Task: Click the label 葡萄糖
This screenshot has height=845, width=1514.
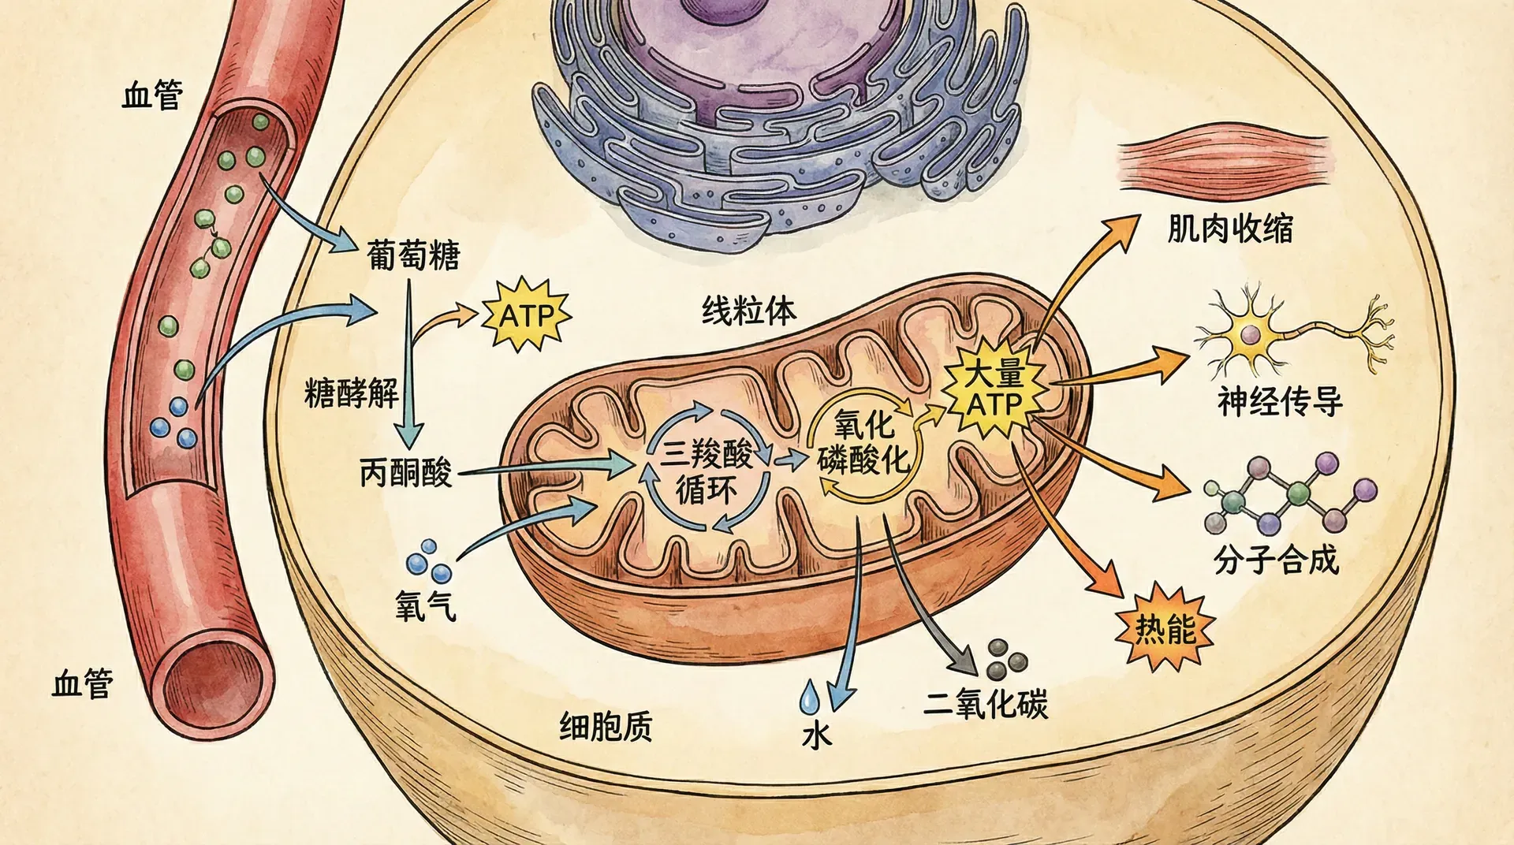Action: point(413,255)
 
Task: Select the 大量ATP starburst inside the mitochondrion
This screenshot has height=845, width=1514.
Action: point(996,388)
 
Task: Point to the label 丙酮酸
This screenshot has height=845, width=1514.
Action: point(406,472)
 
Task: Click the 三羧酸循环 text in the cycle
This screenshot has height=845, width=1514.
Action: point(707,471)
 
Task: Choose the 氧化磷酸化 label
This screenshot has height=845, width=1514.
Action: point(863,443)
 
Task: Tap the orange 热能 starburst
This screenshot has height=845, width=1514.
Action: point(1165,628)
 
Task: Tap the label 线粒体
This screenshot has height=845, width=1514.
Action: point(748,311)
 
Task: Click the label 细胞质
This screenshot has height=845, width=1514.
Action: point(606,727)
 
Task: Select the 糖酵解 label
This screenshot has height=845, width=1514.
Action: point(352,392)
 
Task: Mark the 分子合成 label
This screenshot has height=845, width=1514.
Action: point(1276,560)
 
